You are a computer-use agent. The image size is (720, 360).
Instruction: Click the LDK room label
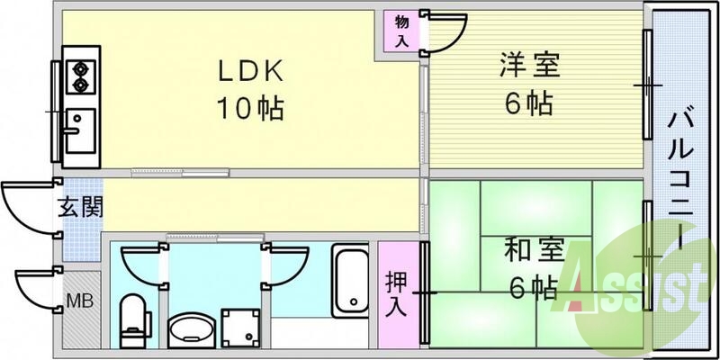point(248,70)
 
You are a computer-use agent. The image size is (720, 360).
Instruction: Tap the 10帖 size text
point(248,109)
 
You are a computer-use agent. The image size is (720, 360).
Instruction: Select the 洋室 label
point(530,66)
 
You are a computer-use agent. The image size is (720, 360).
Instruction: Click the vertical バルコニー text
point(680,180)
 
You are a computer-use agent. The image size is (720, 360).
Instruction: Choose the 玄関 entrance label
point(80,208)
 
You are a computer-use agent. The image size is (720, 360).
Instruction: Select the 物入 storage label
point(400,31)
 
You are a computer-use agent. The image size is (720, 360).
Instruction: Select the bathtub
point(349,281)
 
